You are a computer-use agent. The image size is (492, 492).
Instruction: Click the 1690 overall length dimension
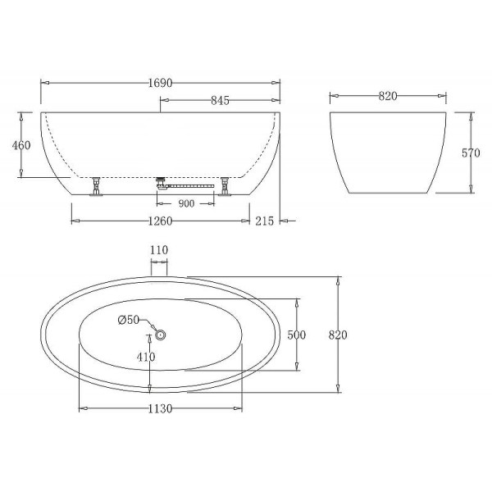(160, 83)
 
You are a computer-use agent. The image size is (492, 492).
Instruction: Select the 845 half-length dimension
(219, 101)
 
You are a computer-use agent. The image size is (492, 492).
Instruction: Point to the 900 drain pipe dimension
(185, 204)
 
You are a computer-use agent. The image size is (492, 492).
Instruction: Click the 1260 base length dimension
(160, 220)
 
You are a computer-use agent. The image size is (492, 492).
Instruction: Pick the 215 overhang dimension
(264, 221)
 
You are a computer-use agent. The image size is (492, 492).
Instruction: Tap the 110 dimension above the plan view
(159, 250)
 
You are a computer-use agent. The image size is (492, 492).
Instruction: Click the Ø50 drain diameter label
(128, 320)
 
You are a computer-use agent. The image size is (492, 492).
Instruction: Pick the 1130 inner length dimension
(160, 410)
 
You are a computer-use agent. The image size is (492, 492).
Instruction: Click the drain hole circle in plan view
(160, 334)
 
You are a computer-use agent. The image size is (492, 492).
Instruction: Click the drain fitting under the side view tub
(161, 180)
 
